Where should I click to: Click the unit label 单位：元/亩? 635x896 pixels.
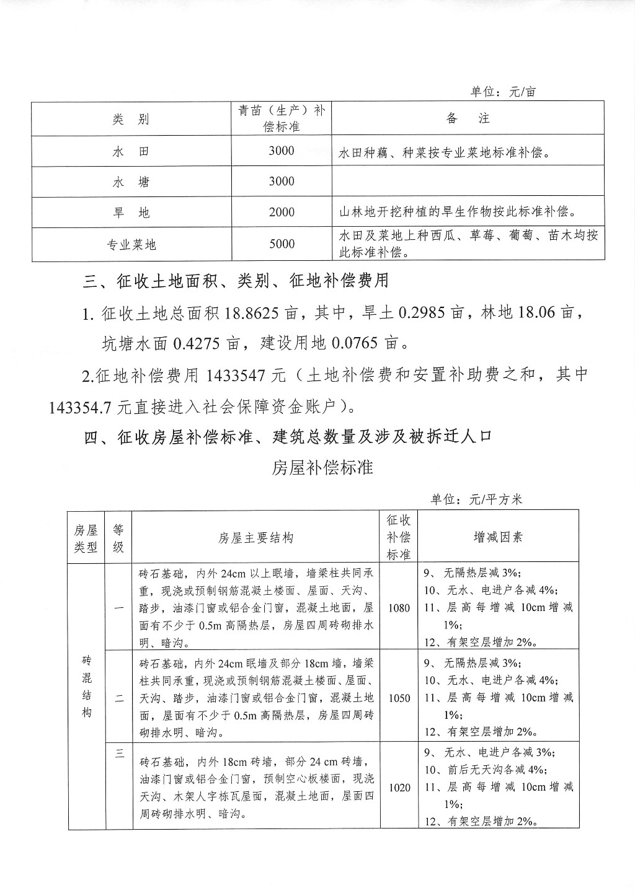tap(502, 92)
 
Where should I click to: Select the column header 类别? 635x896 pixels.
tap(131, 119)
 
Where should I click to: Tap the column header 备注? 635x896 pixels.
tap(468, 118)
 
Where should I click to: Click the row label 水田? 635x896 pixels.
tap(131, 151)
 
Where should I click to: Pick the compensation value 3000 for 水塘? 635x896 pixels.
tap(282, 182)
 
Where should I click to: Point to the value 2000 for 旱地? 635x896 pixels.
tap(282, 212)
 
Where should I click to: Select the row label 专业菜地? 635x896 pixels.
tap(131, 244)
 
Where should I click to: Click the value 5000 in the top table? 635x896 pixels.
tap(282, 244)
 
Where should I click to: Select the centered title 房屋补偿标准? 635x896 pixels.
tap(322, 467)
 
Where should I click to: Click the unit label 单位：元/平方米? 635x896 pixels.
tap(477, 499)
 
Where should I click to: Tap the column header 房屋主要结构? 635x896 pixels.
tap(255, 538)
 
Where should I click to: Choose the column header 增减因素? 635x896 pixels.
tap(498, 537)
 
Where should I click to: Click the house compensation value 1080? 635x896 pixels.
tap(399, 608)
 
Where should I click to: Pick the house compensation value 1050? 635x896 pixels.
tap(399, 698)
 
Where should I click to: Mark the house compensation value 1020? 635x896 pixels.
tap(399, 788)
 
